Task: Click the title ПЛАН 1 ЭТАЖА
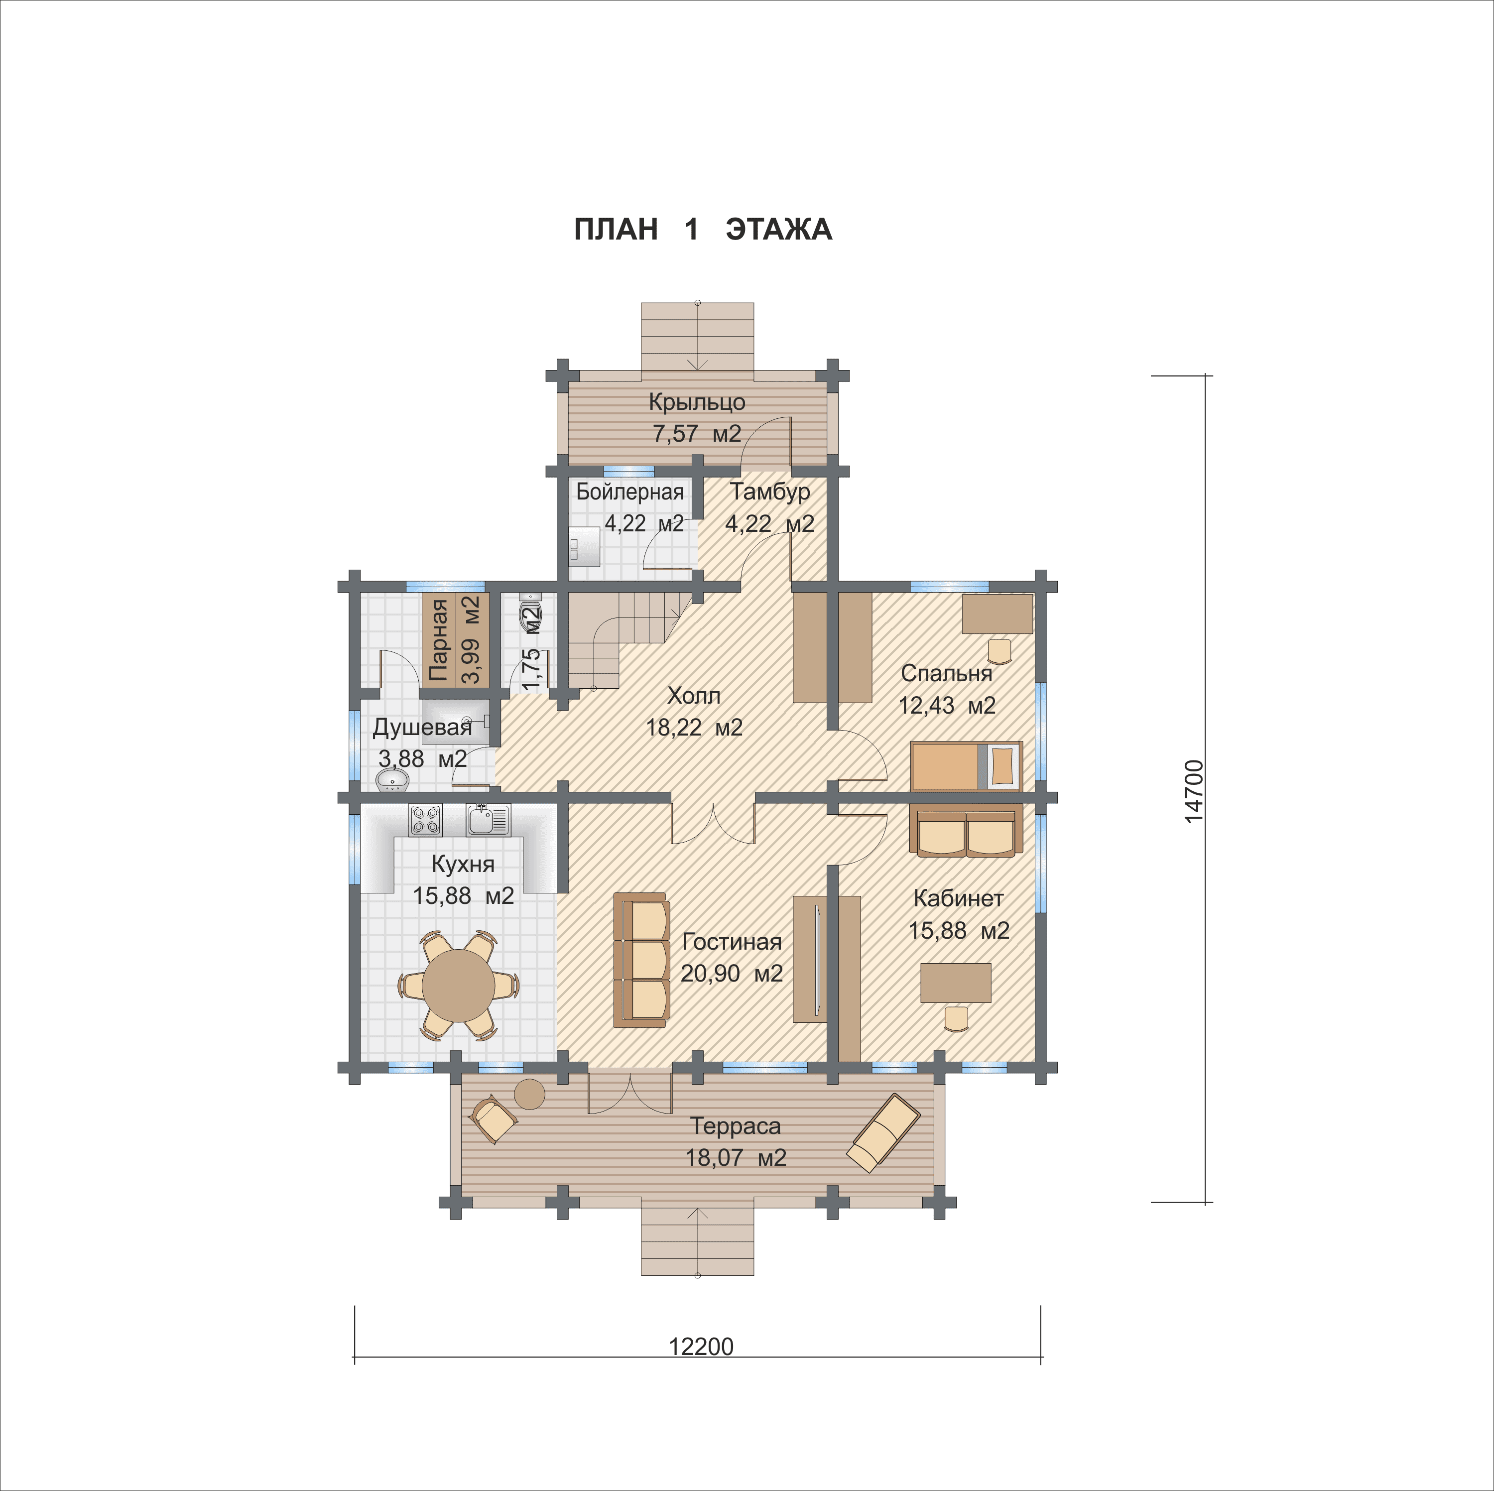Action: click(x=703, y=230)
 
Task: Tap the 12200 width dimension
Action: click(x=701, y=1347)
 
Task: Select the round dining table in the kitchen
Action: click(x=459, y=985)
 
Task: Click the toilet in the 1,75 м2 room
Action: click(x=530, y=611)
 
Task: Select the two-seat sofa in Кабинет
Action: click(x=966, y=830)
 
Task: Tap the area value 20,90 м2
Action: click(x=732, y=973)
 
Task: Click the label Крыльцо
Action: click(x=697, y=402)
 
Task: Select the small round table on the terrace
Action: click(x=530, y=1094)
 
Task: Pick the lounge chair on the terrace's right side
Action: click(x=883, y=1133)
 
